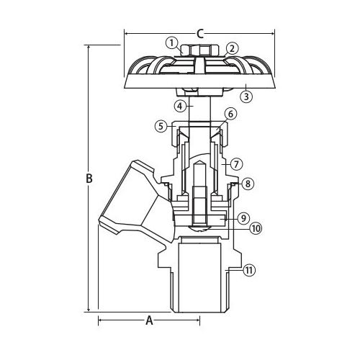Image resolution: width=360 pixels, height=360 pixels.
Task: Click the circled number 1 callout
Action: (x=171, y=43)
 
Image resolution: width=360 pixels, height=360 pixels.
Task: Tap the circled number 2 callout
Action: (x=232, y=49)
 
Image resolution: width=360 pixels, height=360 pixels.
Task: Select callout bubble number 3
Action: (x=246, y=96)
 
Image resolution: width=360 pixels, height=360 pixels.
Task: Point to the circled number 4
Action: (x=180, y=106)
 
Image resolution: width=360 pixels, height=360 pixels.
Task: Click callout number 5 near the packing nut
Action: (x=161, y=126)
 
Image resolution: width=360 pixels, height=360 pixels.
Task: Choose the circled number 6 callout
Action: (x=230, y=114)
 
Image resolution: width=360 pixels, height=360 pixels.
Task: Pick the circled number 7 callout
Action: (x=236, y=164)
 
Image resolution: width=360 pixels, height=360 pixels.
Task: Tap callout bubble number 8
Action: (x=248, y=184)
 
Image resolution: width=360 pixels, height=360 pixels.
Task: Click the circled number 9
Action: (x=243, y=218)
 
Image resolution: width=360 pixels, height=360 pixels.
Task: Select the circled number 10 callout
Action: (x=256, y=228)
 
